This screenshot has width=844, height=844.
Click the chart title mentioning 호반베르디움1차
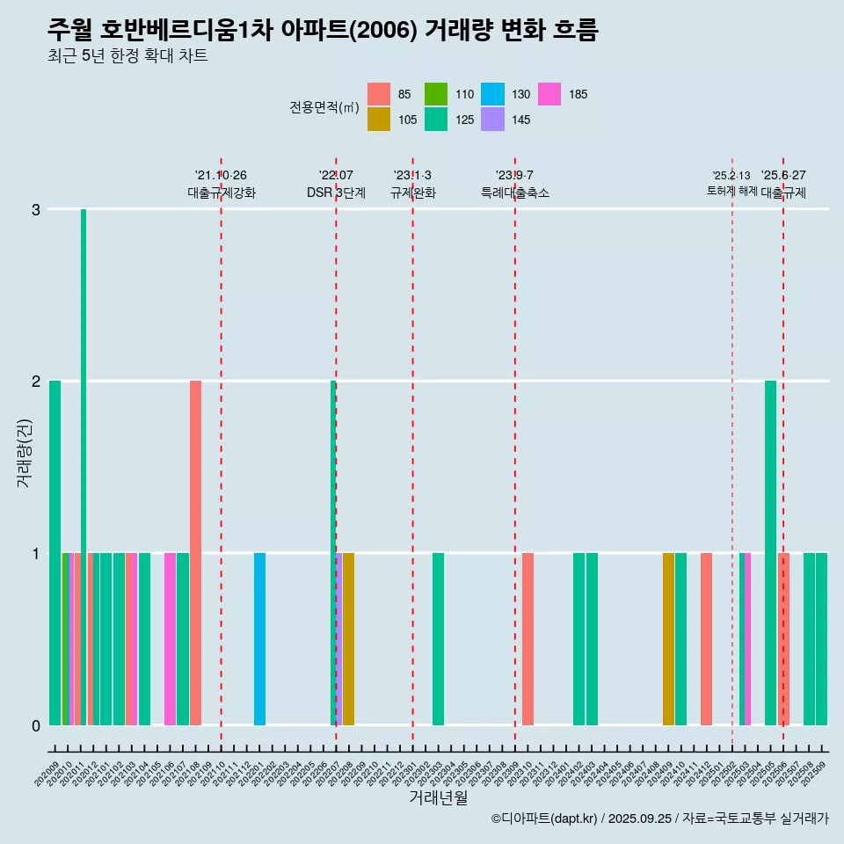click(x=323, y=31)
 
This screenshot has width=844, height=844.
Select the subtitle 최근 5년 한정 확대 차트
click(x=127, y=57)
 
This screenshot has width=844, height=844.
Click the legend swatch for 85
click(x=379, y=94)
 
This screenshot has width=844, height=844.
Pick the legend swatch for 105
click(x=379, y=120)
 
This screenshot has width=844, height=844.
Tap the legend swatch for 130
click(x=492, y=94)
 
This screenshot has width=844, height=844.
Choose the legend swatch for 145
click(x=492, y=120)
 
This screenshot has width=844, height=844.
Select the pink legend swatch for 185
click(x=549, y=94)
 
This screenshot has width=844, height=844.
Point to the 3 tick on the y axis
click(x=36, y=209)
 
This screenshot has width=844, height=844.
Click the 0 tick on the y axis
click(x=36, y=725)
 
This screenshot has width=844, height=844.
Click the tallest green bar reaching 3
click(x=84, y=466)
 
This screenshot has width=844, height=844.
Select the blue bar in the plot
click(x=259, y=639)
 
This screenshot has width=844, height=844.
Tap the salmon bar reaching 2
click(x=195, y=552)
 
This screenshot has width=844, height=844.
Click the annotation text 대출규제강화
click(x=222, y=193)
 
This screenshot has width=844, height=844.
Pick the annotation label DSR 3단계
click(x=336, y=193)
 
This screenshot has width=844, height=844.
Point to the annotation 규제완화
click(x=413, y=193)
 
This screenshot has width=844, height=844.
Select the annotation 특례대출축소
click(x=515, y=193)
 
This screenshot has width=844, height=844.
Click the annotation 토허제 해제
click(x=731, y=191)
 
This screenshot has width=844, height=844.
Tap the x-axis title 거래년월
click(x=438, y=797)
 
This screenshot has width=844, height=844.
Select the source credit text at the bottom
click(x=660, y=819)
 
